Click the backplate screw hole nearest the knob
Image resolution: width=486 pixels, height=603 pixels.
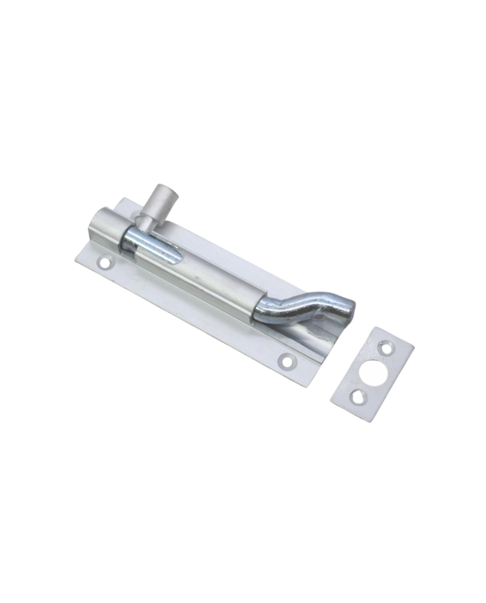click(106, 262)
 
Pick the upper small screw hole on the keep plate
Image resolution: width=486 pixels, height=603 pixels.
click(387, 346)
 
